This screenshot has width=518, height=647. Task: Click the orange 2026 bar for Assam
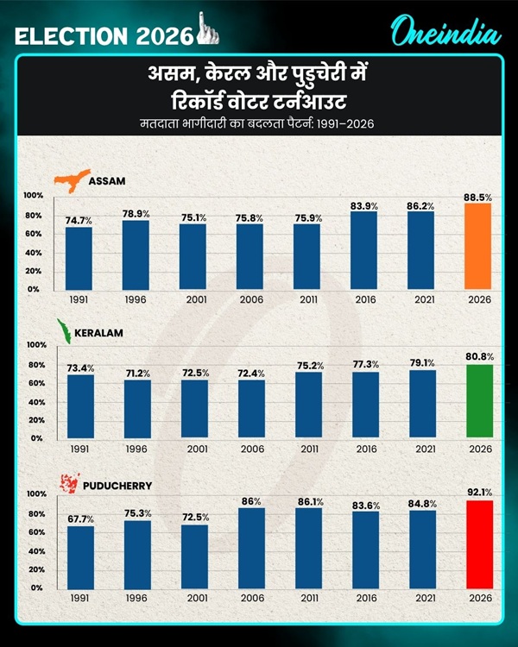click(477, 247)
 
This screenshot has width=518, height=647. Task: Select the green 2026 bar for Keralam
click(477, 401)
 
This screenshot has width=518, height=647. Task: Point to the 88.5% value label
click(477, 198)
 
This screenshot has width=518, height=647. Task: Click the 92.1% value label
click(477, 493)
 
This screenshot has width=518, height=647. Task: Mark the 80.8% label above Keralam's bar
click(477, 355)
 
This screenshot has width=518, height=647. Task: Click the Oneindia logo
click(444, 34)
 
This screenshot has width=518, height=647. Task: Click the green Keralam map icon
click(62, 332)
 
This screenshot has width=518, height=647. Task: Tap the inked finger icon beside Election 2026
click(205, 32)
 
